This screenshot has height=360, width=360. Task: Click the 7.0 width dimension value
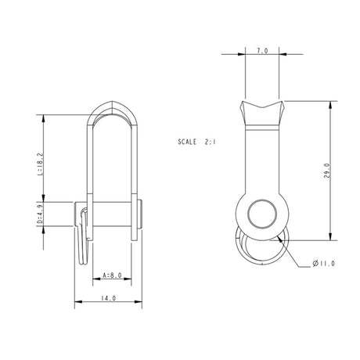(262, 50)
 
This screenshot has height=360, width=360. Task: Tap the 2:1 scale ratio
(213, 143)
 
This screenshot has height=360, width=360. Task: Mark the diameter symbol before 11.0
(315, 265)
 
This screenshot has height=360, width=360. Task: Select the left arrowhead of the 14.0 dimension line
(77, 302)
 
